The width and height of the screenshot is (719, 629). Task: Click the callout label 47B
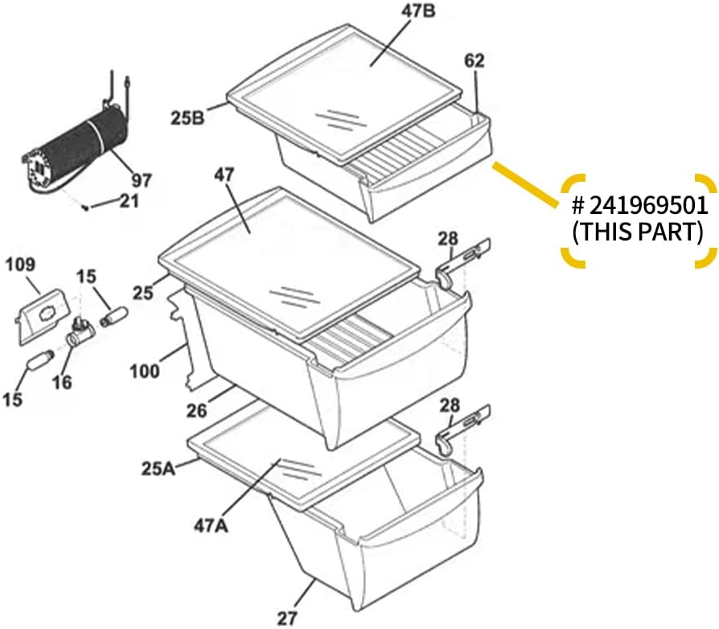point(418,11)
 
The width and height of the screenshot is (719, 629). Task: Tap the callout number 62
point(475,60)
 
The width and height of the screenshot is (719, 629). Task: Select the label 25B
point(187,117)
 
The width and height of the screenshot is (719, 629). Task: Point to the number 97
point(141,180)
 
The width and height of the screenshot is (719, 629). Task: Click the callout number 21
point(129,201)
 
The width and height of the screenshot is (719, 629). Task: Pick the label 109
point(20,265)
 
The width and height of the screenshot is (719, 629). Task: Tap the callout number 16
point(62,381)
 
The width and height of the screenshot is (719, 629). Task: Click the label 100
point(145,371)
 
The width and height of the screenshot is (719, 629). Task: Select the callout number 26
point(196,410)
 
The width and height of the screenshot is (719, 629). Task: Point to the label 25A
point(158,469)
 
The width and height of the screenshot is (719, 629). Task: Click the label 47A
point(211,526)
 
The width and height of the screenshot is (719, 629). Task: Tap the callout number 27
point(287,618)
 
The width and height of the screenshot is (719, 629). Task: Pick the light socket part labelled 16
point(80,333)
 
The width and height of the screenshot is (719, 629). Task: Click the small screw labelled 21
point(86,208)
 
